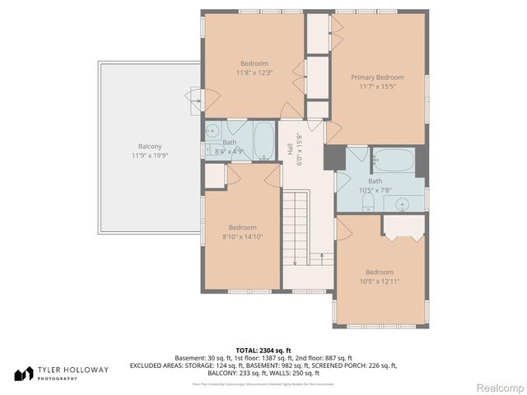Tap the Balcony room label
click(150, 146)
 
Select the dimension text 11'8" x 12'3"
click(254, 72)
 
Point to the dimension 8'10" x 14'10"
click(242, 237)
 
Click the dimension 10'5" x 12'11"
click(379, 281)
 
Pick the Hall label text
click(290, 150)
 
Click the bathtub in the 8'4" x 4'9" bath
click(263, 140)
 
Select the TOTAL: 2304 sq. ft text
click(263, 351)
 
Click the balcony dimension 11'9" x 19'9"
click(150, 155)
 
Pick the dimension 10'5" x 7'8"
click(375, 190)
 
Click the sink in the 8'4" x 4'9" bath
click(212, 129)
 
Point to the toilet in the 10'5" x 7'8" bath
click(368, 202)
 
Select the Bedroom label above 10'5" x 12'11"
click(379, 272)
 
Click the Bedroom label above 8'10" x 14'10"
click(242, 228)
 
